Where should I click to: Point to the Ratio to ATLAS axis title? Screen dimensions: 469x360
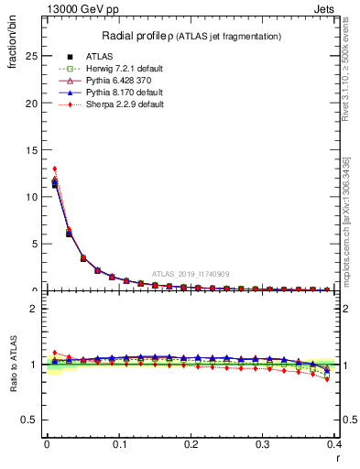[15, 364]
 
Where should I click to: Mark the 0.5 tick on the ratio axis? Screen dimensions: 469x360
[29, 420]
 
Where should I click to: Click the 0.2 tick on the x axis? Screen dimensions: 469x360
[190, 444]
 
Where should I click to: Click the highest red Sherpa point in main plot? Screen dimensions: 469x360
[54, 169]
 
